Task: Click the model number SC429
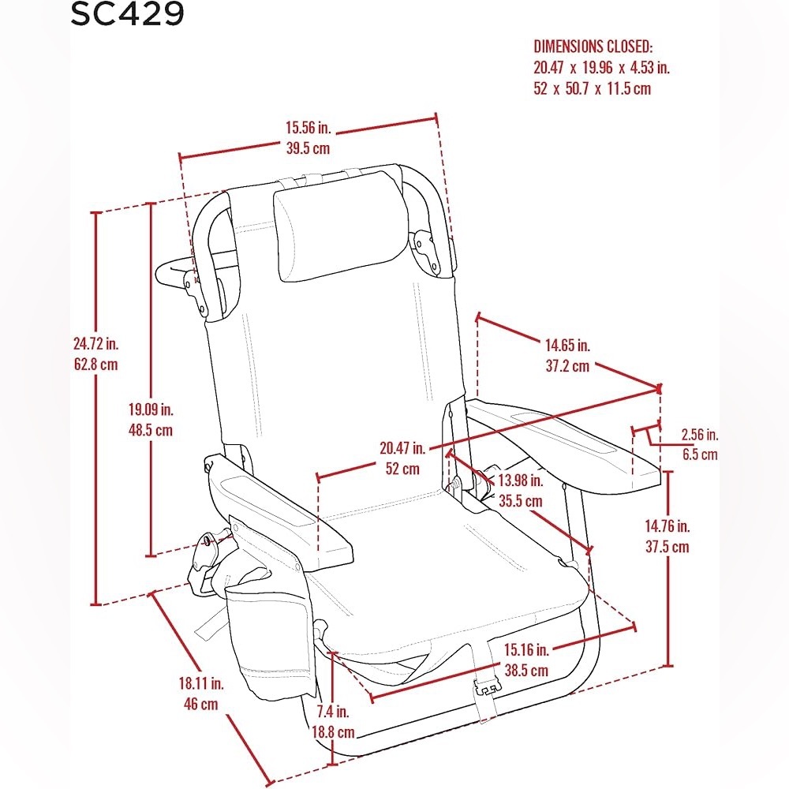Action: [127, 13]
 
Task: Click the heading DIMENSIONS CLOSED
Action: [593, 47]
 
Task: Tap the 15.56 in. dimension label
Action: [308, 128]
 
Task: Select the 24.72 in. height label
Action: [95, 344]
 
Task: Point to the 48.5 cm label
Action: [151, 430]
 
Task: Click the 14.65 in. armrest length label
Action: [567, 346]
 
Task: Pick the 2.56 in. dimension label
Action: [699, 435]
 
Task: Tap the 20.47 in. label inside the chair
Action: [402, 448]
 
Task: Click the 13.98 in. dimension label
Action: [521, 481]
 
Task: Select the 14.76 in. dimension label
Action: [667, 526]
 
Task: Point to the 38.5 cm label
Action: [526, 670]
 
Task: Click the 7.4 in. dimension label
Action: [333, 712]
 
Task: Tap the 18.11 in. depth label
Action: [201, 683]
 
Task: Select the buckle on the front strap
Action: [487, 688]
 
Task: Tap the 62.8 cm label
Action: [95, 365]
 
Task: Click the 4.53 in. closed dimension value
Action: [650, 67]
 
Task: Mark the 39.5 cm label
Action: [308, 148]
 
